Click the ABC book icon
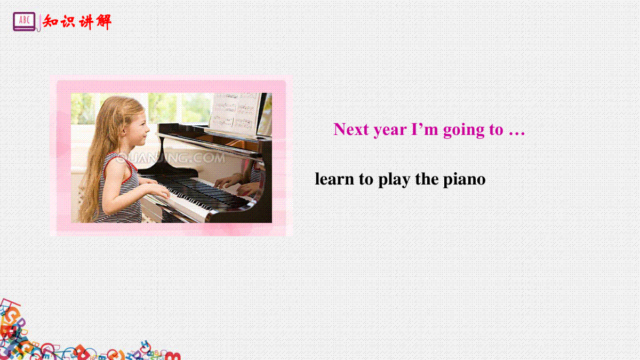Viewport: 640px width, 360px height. coord(25,21)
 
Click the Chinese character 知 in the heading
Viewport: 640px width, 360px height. coord(51,21)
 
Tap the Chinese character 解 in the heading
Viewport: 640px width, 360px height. coord(103,22)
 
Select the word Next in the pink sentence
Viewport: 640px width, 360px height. coord(351,129)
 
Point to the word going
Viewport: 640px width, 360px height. coord(463,131)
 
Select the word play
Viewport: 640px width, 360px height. coord(394,180)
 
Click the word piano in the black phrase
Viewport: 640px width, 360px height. coord(465,180)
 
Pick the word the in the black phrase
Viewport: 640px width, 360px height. coord(427,179)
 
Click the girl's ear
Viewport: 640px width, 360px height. coord(125,130)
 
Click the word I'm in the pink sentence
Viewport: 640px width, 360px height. coord(425,129)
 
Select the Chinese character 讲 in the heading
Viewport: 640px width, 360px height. coord(85,22)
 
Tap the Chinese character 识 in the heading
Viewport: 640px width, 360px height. coord(68,22)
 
